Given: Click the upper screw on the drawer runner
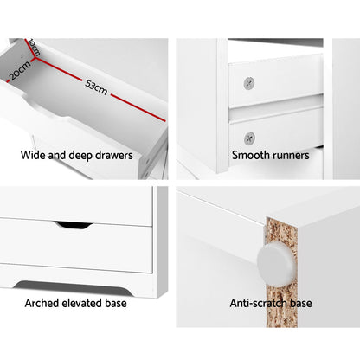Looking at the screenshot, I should coord(249,83).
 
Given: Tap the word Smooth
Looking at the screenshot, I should coord(251,157).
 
